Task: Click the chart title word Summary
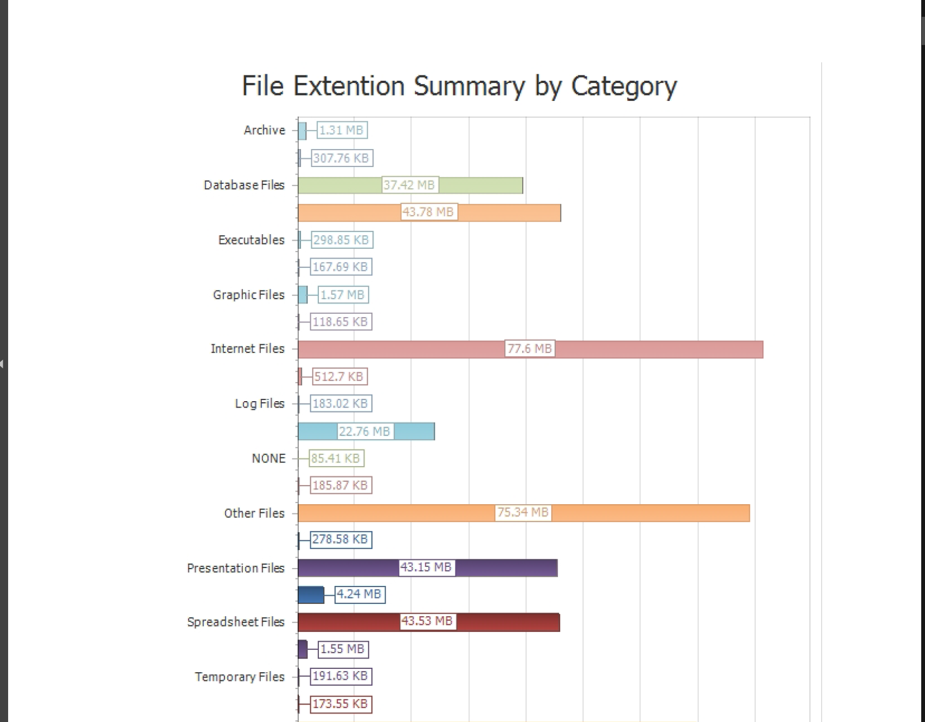point(469,86)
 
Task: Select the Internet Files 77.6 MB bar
point(651,350)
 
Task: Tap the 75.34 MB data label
point(523,512)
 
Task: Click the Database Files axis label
point(244,185)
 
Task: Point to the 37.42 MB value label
point(409,185)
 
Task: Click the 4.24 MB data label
point(359,594)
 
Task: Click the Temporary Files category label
point(240,677)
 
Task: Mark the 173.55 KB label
point(341,704)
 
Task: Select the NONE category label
point(268,459)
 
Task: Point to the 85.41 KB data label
point(336,459)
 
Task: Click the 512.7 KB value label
point(339,377)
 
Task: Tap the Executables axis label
point(251,240)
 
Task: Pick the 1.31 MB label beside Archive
point(342,130)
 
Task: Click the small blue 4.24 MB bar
point(311,595)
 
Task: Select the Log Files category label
point(259,404)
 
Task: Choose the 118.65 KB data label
point(341,322)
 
